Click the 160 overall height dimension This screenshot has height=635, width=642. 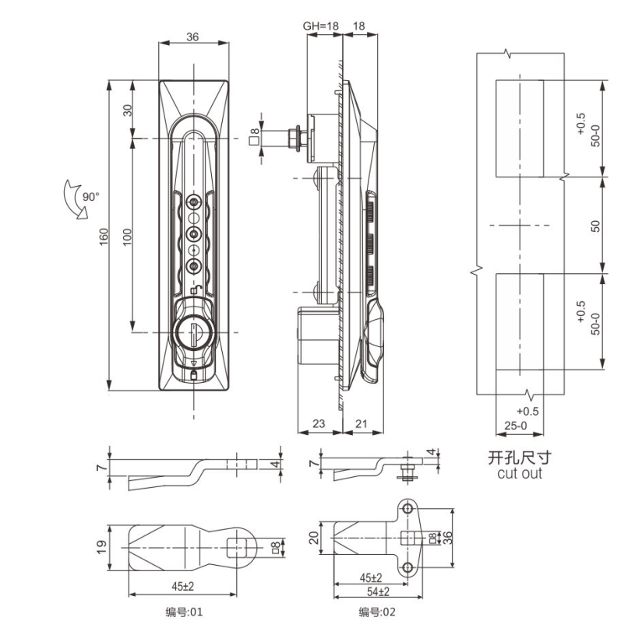[104, 237]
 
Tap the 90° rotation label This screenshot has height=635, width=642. [91, 197]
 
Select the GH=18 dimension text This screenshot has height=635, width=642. [321, 26]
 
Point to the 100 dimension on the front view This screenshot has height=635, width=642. [128, 237]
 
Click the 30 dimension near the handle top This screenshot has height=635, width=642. [128, 110]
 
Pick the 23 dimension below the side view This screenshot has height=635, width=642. [319, 423]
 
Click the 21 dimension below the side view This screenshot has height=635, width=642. [362, 423]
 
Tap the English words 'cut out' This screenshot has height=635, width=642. [520, 473]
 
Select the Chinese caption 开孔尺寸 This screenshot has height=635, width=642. [520, 458]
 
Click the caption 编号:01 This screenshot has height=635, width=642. [184, 612]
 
